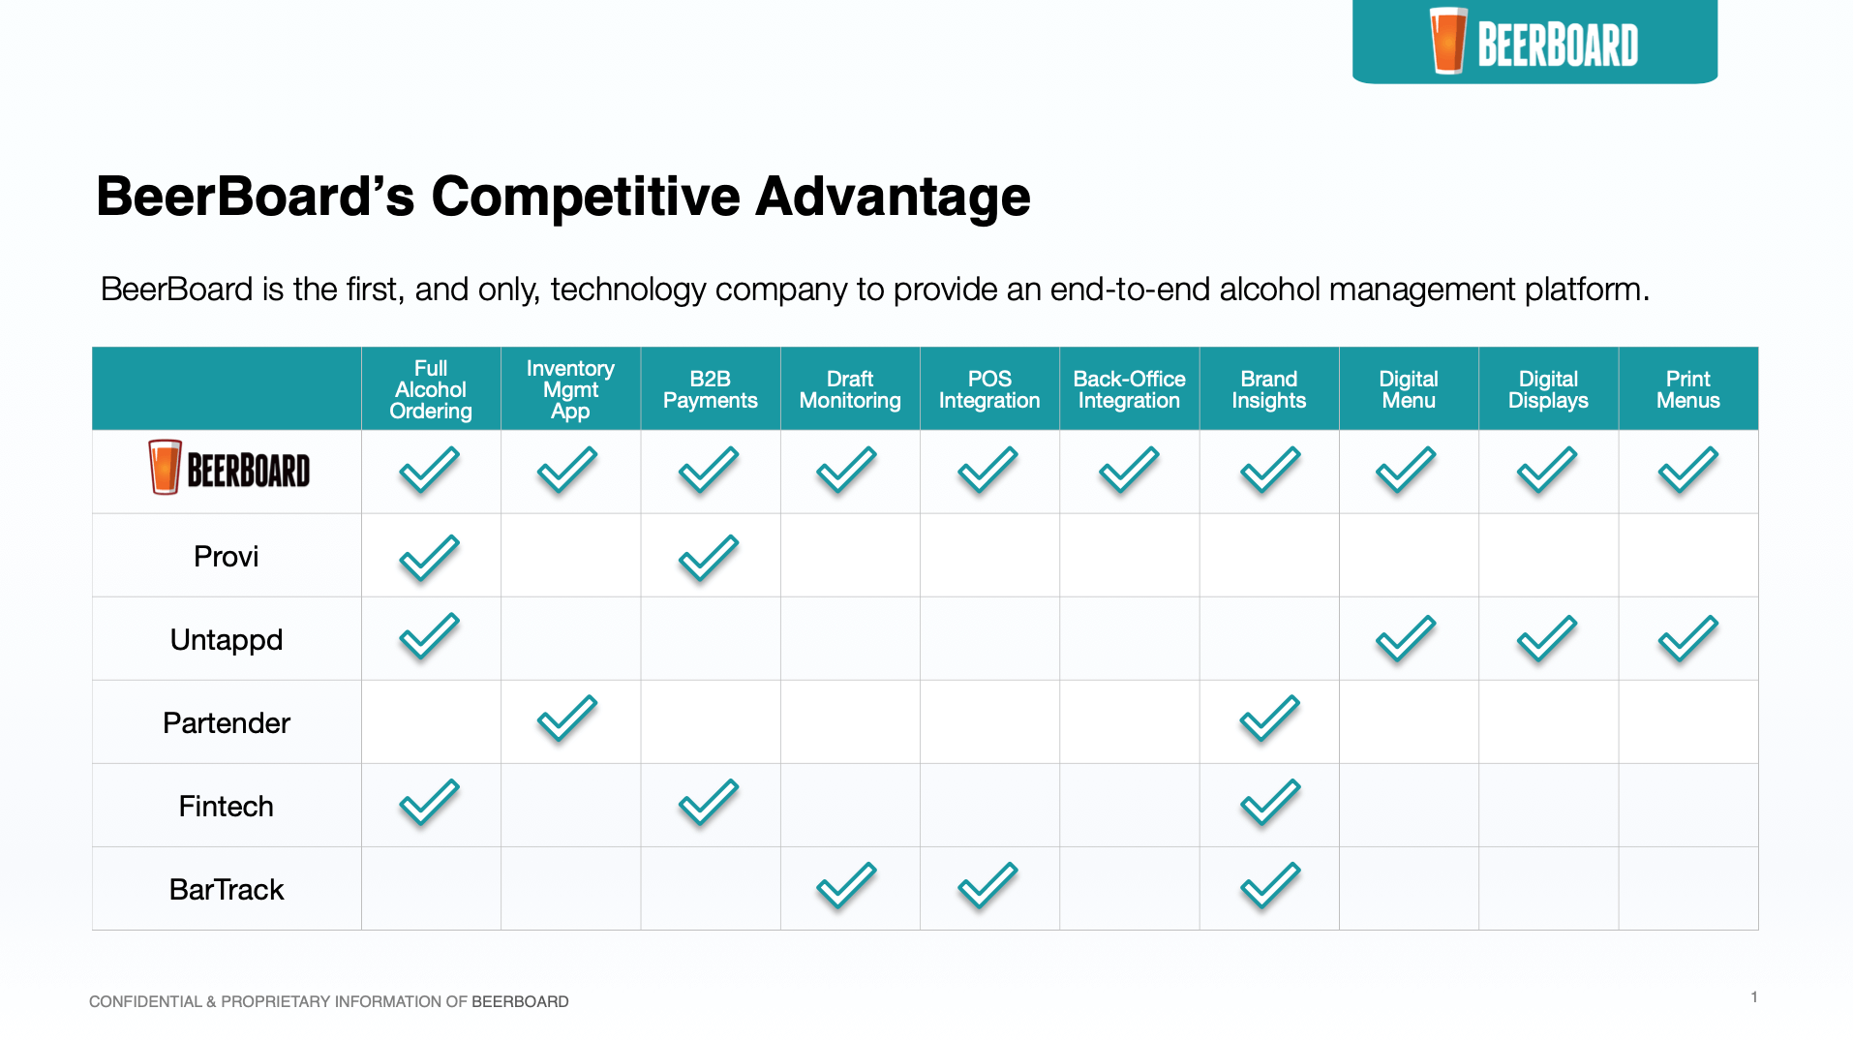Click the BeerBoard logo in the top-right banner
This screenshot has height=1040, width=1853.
(1534, 42)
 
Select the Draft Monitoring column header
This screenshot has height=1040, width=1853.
(850, 389)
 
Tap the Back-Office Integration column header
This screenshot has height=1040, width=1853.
(1129, 389)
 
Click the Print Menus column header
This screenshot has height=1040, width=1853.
(1687, 389)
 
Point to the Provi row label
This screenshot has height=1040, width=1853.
(227, 557)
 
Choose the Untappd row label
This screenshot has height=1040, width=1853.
(227, 640)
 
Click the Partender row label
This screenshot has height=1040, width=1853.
(227, 723)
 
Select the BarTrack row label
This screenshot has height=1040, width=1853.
(227, 890)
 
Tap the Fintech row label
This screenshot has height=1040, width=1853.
(227, 807)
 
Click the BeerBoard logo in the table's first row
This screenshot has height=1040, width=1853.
(229, 468)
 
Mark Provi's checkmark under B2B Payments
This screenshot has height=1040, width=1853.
(709, 559)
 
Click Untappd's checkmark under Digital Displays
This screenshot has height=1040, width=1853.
(1547, 639)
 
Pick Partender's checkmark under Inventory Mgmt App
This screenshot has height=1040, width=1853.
(567, 719)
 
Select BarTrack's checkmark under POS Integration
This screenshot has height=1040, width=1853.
(987, 886)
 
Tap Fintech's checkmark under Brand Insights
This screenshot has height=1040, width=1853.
(1270, 803)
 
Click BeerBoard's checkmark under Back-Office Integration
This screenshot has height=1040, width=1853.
(1129, 471)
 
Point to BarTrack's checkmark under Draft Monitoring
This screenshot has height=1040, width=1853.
(846, 886)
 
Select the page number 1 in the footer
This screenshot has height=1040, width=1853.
(1754, 997)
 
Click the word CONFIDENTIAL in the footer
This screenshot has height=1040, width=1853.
(145, 1002)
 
